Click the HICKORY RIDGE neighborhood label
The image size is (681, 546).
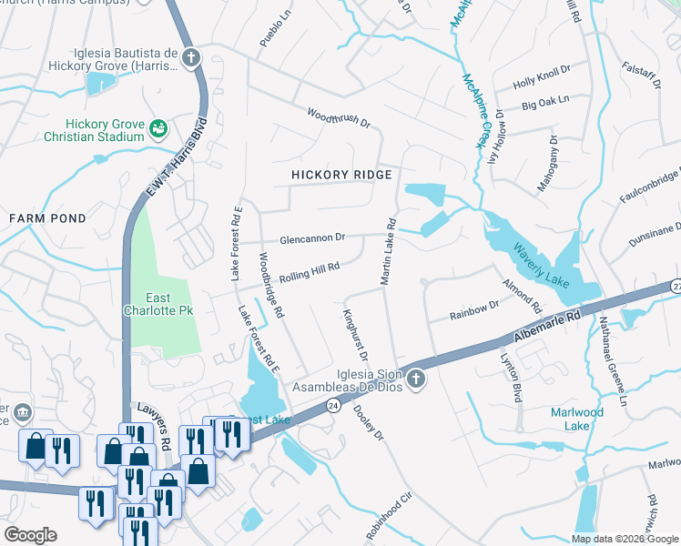[x=341, y=175]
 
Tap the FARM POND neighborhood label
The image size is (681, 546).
[x=47, y=218]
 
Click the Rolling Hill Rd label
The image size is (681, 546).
[x=310, y=270]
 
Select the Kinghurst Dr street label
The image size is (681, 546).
[x=354, y=335]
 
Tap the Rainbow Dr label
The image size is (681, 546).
[x=475, y=310]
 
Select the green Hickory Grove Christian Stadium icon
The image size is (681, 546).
[x=158, y=129]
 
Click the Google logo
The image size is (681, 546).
[x=30, y=535]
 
